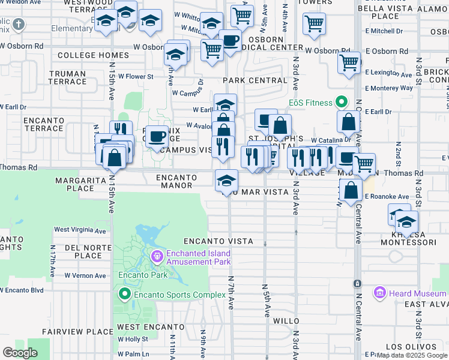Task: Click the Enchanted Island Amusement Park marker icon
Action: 158,257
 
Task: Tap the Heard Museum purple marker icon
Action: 379,293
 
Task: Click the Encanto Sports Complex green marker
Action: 125,293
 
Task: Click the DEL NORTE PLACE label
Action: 83,251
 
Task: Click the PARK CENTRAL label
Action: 255,80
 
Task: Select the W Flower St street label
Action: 136,77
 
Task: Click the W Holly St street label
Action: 133,339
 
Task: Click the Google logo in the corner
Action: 20,353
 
